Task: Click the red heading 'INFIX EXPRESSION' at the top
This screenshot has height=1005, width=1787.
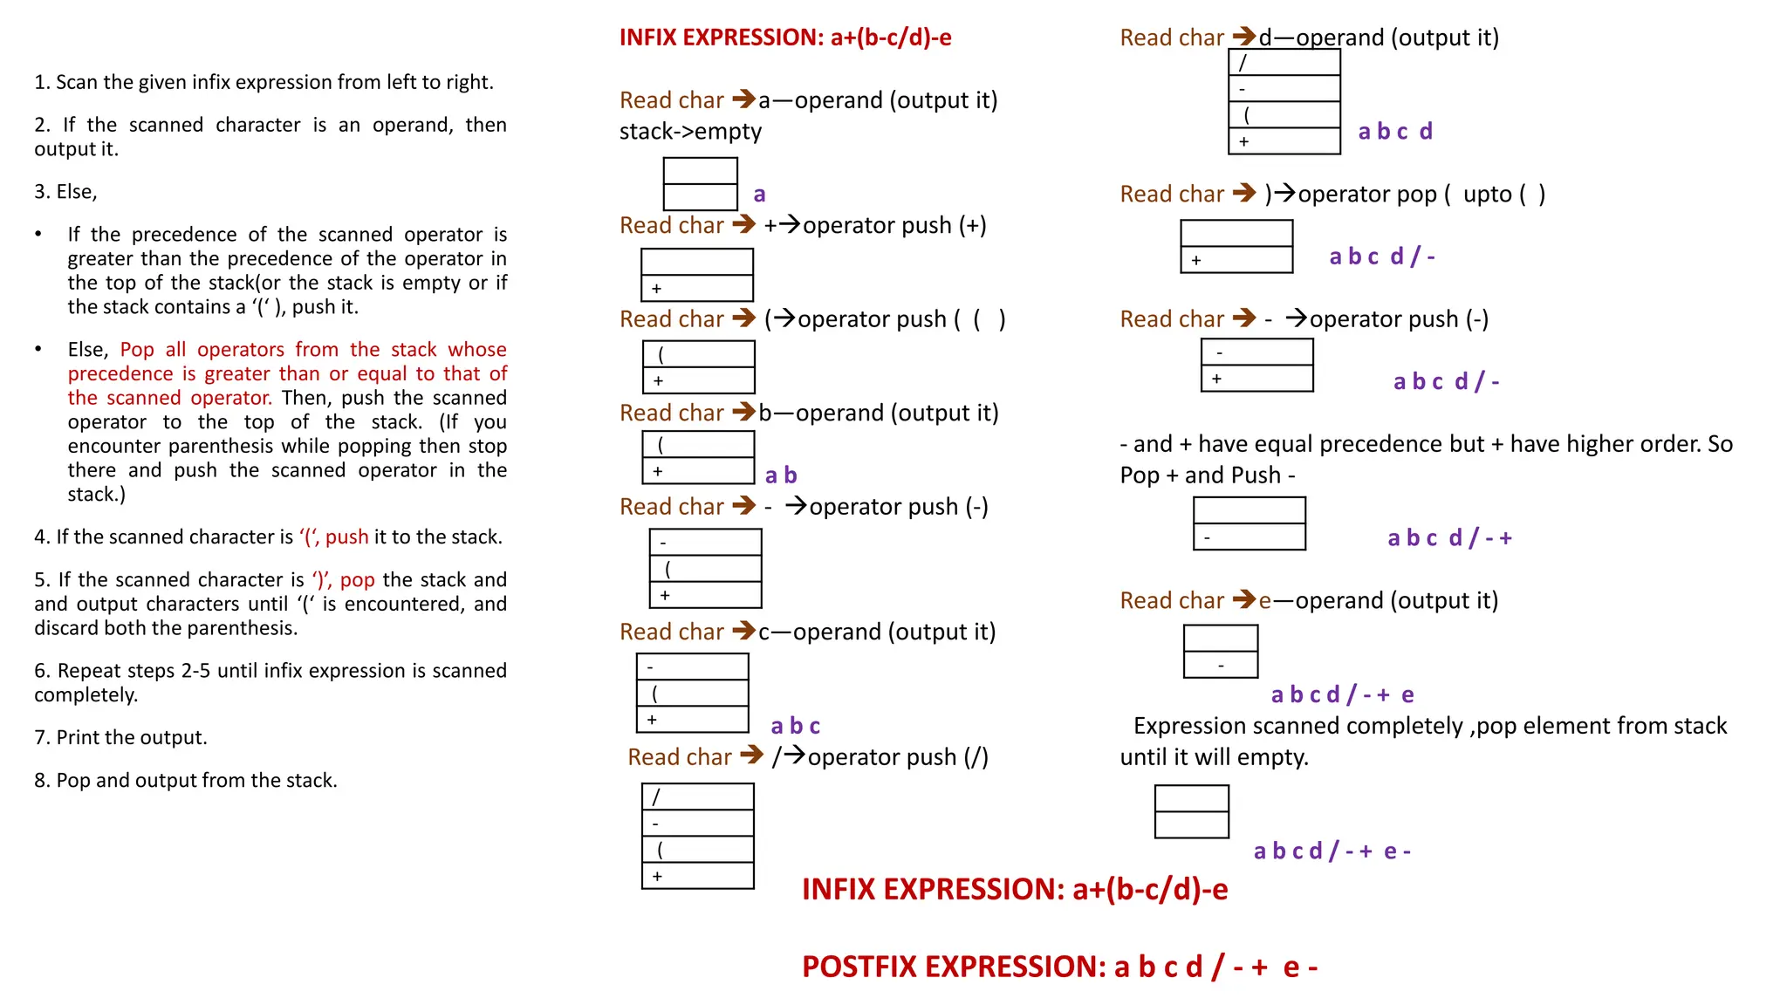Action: click(x=784, y=38)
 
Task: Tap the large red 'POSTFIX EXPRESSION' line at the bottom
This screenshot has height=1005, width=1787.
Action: click(x=1059, y=967)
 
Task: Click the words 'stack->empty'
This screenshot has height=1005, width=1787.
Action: click(x=690, y=132)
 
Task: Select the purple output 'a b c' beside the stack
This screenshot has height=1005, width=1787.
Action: click(x=795, y=726)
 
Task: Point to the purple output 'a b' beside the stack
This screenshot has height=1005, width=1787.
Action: click(x=781, y=475)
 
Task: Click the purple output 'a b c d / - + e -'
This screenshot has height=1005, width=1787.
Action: click(x=1332, y=851)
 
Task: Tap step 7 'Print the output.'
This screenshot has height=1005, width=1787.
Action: click(x=120, y=738)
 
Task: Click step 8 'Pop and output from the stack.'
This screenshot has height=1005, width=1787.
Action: click(x=185, y=781)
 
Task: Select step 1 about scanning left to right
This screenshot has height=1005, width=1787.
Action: click(x=264, y=83)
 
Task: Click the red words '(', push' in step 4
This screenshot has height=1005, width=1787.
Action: click(x=334, y=537)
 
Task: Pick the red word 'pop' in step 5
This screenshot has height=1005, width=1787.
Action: click(x=357, y=580)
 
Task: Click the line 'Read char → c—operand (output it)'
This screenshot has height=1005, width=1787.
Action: click(x=807, y=632)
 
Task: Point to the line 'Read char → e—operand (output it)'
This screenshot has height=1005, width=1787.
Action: click(x=1309, y=601)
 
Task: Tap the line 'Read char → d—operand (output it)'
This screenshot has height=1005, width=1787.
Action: click(x=1309, y=38)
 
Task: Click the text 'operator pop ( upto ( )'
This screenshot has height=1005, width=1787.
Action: click(x=1421, y=195)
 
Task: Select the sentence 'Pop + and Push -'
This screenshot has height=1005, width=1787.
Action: click(x=1207, y=475)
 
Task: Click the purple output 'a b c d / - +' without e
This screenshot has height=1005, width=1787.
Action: click(x=1449, y=538)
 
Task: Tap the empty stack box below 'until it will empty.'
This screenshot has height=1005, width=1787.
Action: click(x=1191, y=811)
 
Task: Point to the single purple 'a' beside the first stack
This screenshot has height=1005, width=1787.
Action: click(x=759, y=195)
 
